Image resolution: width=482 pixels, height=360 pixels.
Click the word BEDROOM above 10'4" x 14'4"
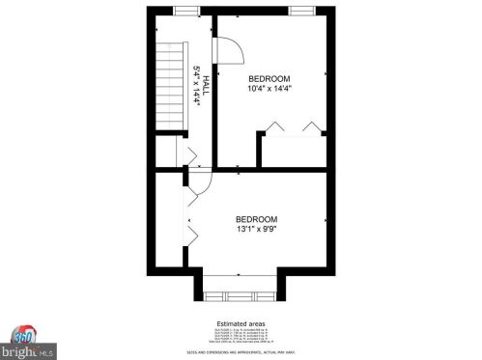[269, 78]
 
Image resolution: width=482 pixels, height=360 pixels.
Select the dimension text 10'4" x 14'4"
[269, 89]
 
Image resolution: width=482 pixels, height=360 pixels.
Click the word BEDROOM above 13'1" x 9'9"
[257, 219]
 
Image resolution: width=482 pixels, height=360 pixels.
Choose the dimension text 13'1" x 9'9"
[257, 230]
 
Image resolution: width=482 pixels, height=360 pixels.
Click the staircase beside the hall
[169, 87]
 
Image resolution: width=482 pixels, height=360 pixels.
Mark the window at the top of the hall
[186, 11]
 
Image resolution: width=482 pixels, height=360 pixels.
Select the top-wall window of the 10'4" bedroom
[302, 11]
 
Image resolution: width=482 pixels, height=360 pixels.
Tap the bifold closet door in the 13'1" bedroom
[191, 227]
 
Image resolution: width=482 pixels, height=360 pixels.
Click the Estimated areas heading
[240, 322]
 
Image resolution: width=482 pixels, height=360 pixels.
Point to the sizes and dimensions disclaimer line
[240, 353]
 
